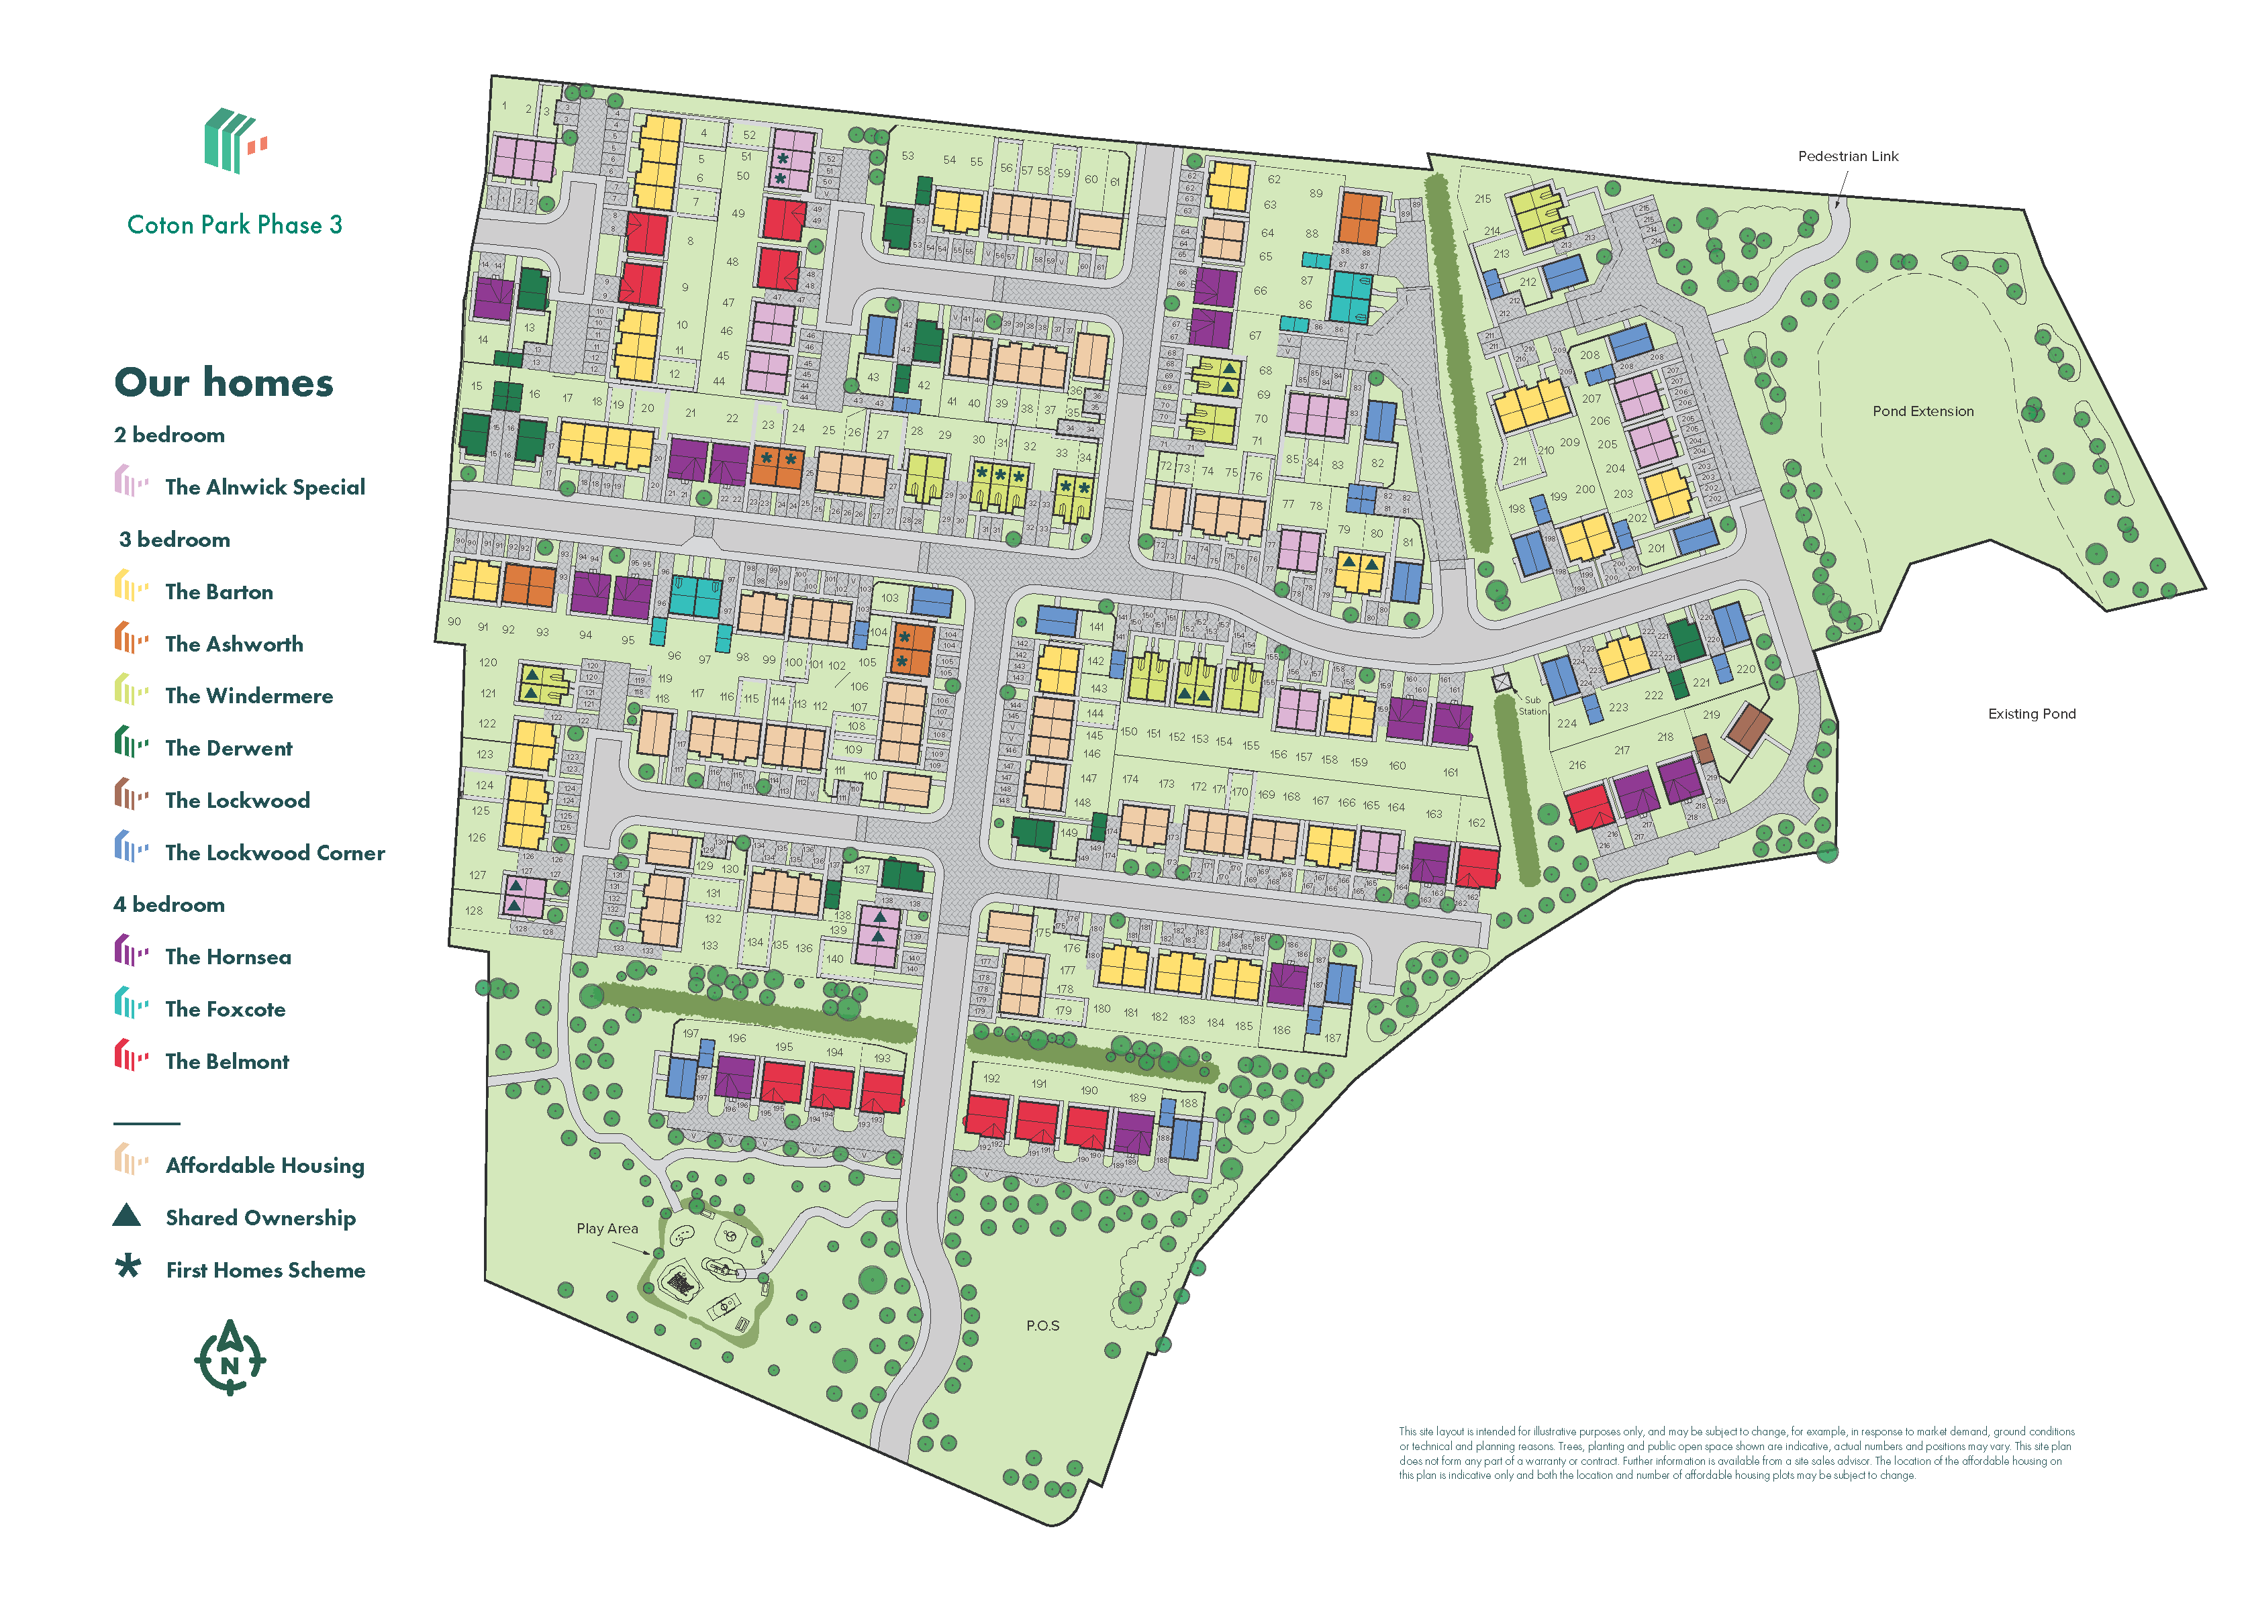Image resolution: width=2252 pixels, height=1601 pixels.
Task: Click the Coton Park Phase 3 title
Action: [235, 225]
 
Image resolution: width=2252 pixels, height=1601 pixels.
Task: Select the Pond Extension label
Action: [1922, 411]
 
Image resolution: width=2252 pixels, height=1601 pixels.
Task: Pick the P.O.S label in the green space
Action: [1042, 1325]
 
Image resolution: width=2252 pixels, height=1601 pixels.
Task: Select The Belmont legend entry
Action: [227, 1062]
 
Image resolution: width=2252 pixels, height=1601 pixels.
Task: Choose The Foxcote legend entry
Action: [225, 1009]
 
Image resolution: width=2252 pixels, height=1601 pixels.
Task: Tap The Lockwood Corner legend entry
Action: [274, 853]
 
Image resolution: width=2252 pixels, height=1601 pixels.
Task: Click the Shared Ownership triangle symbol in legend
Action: [127, 1216]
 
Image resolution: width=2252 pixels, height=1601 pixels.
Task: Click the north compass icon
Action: [230, 1359]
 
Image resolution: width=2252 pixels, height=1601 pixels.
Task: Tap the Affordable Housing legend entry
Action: [264, 1166]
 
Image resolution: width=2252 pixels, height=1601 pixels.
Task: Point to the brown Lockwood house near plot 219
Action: [1747, 727]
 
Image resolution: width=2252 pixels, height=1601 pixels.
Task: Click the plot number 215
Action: [1482, 198]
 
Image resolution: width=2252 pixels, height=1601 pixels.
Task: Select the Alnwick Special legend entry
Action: [264, 487]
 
